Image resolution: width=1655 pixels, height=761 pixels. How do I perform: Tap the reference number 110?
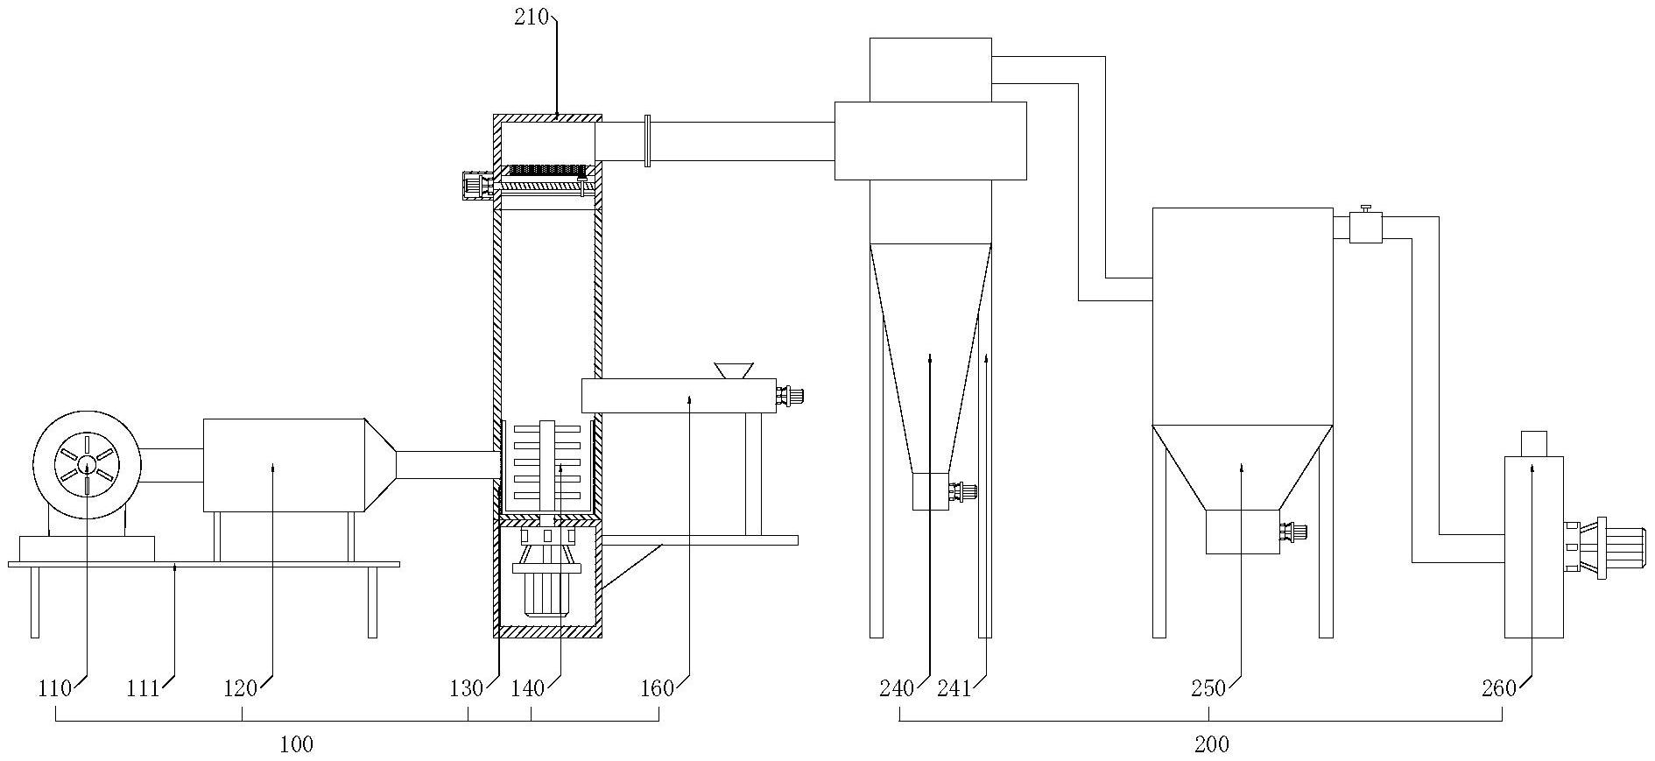point(54,688)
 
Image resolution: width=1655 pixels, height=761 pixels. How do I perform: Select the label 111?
point(144,688)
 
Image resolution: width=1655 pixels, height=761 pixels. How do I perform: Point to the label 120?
point(241,688)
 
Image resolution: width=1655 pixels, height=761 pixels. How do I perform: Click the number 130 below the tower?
point(467,688)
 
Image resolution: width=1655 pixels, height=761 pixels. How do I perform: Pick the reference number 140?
point(529,688)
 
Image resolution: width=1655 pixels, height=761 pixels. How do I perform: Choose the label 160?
point(658,688)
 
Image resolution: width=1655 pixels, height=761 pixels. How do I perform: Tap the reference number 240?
point(897,688)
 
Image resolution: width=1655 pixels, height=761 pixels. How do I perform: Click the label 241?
point(954,688)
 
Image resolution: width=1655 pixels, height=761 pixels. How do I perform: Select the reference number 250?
point(1208,688)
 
